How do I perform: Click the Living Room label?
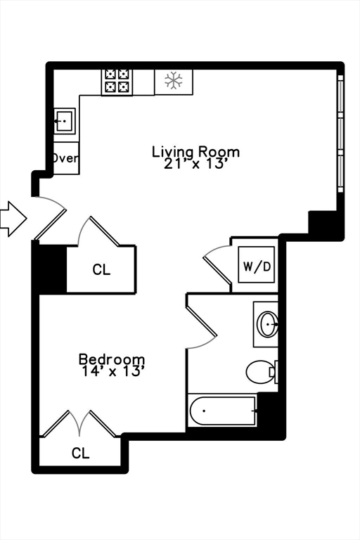(196, 151)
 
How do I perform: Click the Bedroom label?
(112, 359)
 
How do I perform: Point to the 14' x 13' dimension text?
(112, 371)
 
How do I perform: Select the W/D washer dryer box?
(255, 266)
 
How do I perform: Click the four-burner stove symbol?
(117, 81)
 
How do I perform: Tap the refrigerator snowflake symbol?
(173, 81)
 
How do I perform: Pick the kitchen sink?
(65, 122)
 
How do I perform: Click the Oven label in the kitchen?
(65, 158)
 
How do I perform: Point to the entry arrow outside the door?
(13, 218)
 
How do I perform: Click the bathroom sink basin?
(268, 324)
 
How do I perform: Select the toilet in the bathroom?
(262, 371)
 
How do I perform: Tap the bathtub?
(223, 411)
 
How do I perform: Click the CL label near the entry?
(101, 270)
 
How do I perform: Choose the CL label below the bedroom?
(81, 454)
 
